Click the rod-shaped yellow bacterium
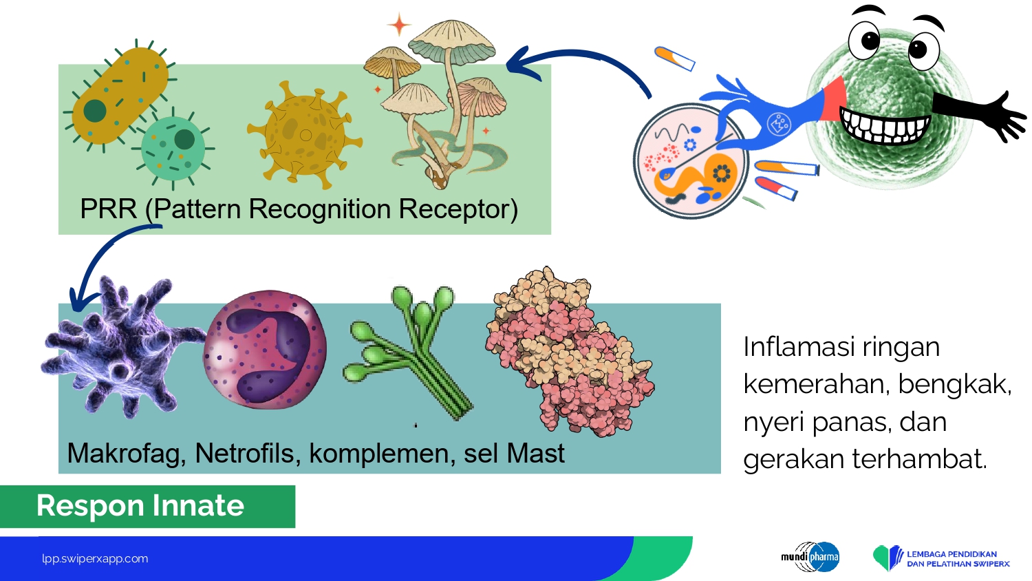[120, 96]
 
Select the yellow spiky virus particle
[304, 134]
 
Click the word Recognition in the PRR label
[320, 209]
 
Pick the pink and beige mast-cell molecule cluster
[569, 351]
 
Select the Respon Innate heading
[140, 506]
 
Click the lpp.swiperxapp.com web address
[96, 559]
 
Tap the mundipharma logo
[810, 556]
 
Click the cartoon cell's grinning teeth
[885, 125]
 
